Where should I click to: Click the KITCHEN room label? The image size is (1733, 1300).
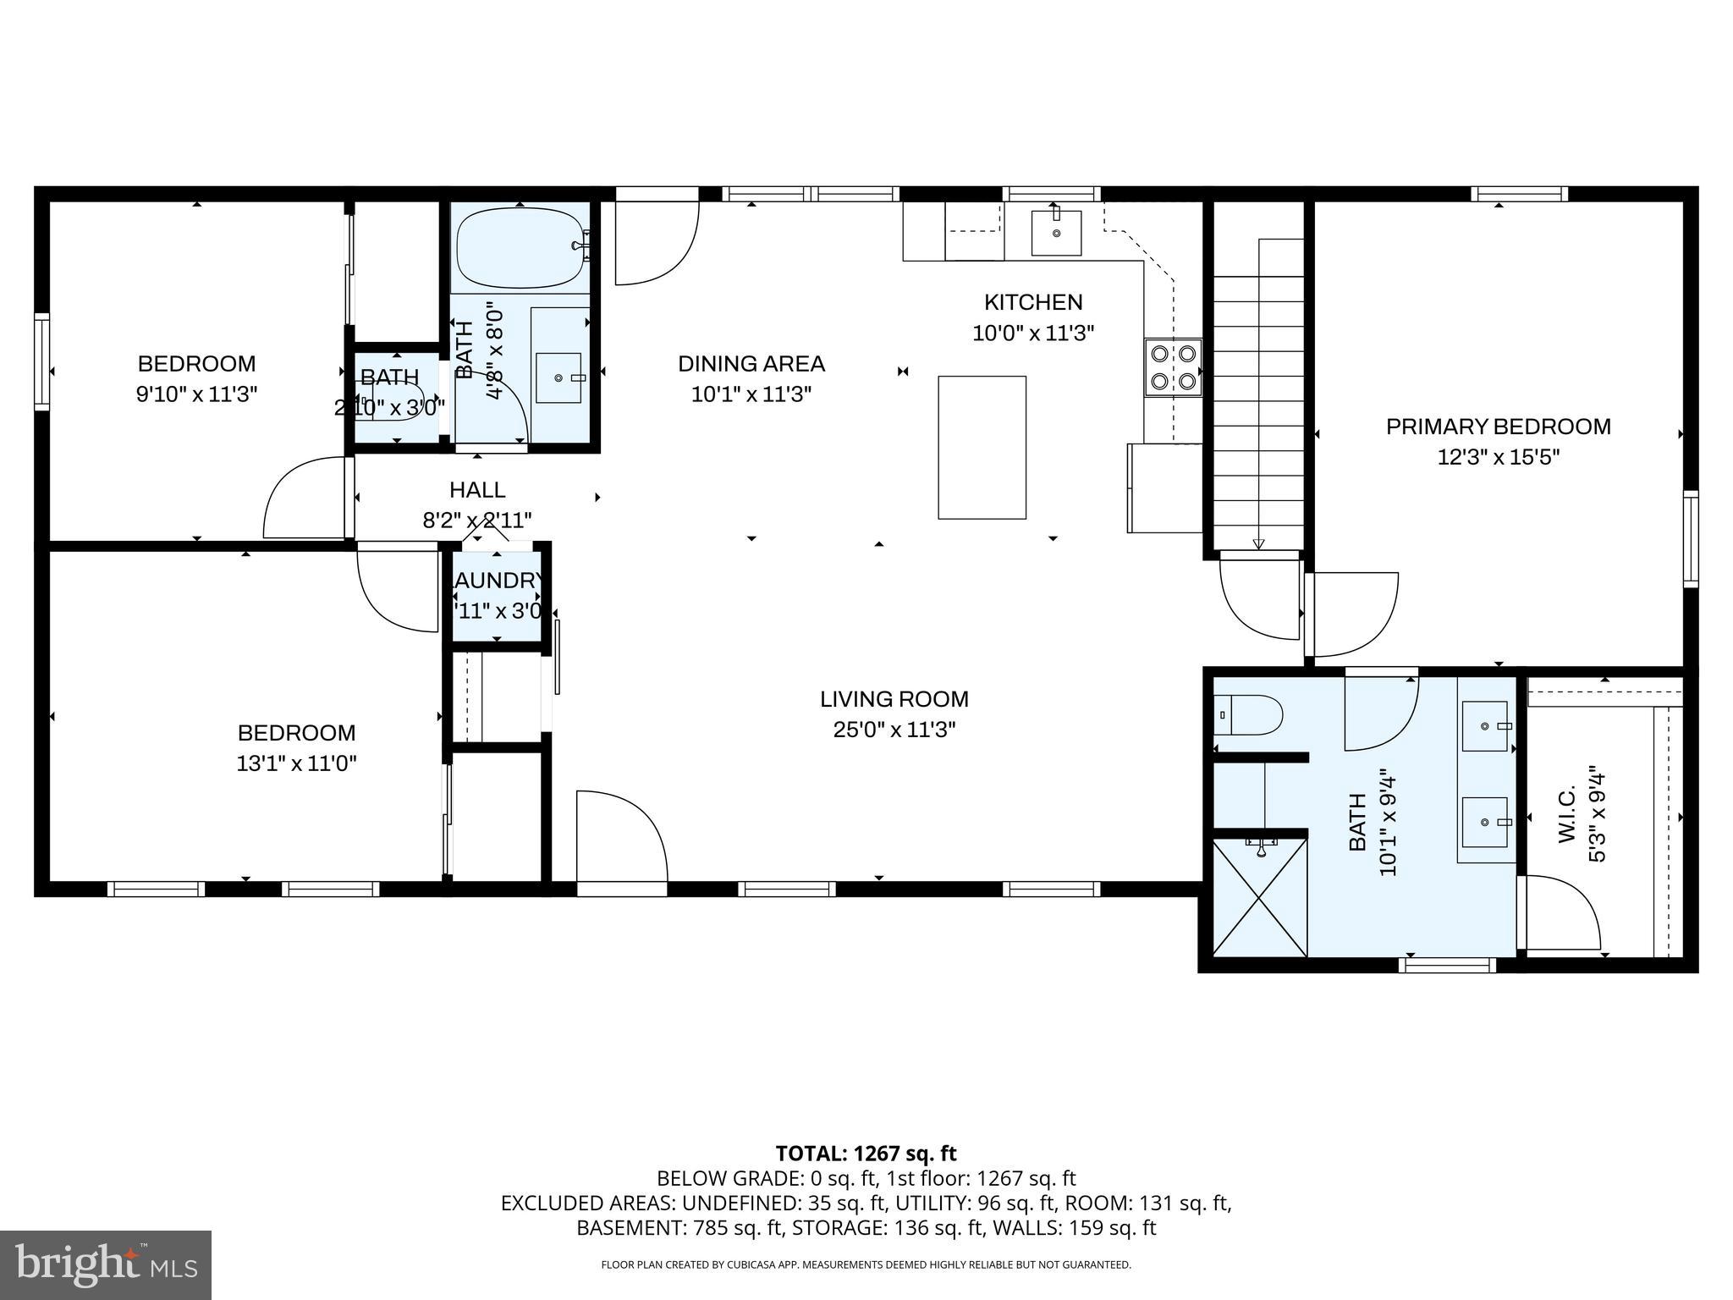pyautogui.click(x=1032, y=302)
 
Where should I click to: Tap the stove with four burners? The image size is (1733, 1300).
pyautogui.click(x=1173, y=367)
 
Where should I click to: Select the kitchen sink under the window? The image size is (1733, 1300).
pyautogui.click(x=1056, y=233)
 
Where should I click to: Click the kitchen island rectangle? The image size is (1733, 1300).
pyautogui.click(x=982, y=447)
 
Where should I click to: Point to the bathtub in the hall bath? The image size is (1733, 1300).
pyautogui.click(x=520, y=247)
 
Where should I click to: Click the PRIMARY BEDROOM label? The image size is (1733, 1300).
pyautogui.click(x=1498, y=427)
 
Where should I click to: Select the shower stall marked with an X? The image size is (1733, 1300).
pyautogui.click(x=1260, y=897)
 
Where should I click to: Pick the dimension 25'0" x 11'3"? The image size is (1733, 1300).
pyautogui.click(x=894, y=730)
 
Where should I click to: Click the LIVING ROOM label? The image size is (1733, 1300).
pyautogui.click(x=894, y=699)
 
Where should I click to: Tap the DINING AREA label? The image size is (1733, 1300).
pyautogui.click(x=751, y=364)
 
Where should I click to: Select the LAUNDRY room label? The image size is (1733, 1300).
pyautogui.click(x=498, y=581)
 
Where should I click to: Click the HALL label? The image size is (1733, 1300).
pyautogui.click(x=477, y=490)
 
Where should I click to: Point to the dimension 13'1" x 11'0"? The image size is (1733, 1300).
pyautogui.click(x=296, y=763)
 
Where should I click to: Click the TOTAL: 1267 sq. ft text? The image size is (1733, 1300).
pyautogui.click(x=866, y=1153)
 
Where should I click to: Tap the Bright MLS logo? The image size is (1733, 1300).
pyautogui.click(x=106, y=1264)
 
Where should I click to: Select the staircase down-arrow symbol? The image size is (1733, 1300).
pyautogui.click(x=1258, y=544)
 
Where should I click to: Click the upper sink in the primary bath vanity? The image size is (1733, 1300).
pyautogui.click(x=1485, y=725)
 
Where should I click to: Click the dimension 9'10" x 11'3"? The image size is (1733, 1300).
pyautogui.click(x=196, y=394)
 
